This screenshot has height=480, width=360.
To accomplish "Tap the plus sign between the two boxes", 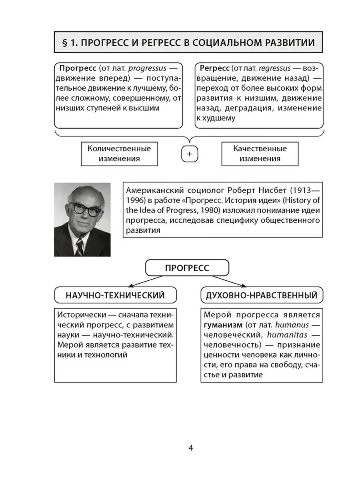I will [x=190, y=154].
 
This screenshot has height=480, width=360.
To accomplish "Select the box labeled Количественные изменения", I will [x=119, y=154].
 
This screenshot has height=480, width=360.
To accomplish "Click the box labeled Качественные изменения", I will [x=260, y=154].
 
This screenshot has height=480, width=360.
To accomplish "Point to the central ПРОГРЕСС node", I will [x=187, y=268].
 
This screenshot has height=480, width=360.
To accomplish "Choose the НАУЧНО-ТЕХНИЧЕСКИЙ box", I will [x=110, y=296].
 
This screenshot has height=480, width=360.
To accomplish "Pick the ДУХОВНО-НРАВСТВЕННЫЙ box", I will [x=262, y=296].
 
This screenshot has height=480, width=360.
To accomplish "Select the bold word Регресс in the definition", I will [x=212, y=67].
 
